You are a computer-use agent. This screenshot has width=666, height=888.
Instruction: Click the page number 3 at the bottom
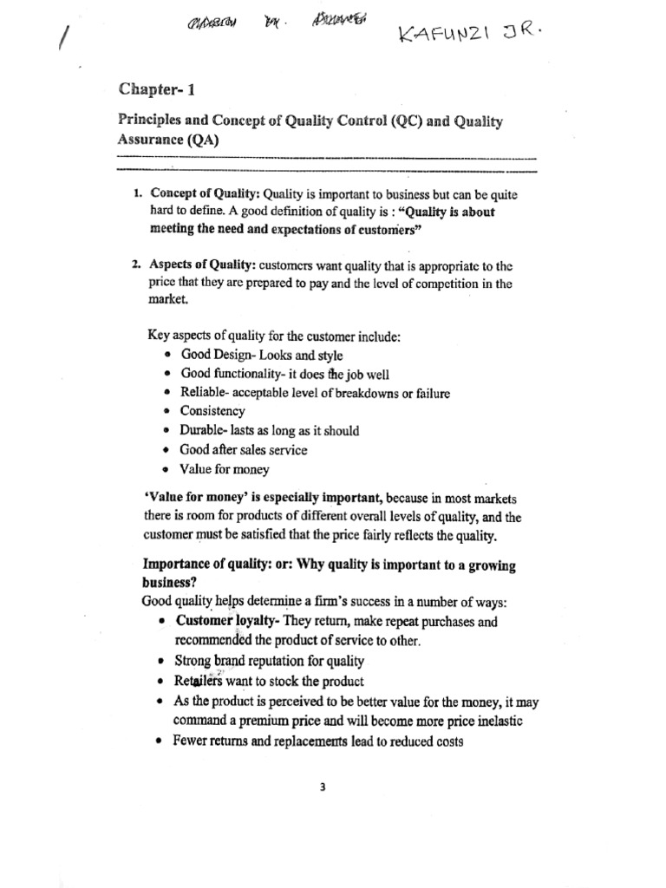[x=322, y=787]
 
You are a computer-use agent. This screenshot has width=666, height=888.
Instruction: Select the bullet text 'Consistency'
[x=212, y=411]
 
